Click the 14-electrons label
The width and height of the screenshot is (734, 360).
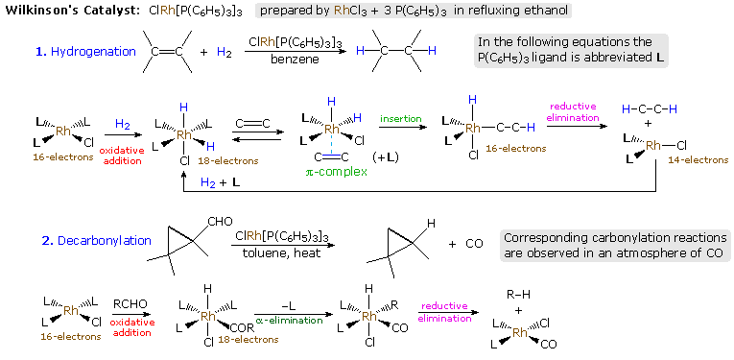pos(699,159)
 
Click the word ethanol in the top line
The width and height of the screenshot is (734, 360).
pos(545,11)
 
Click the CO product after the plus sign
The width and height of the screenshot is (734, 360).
pos(474,243)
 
